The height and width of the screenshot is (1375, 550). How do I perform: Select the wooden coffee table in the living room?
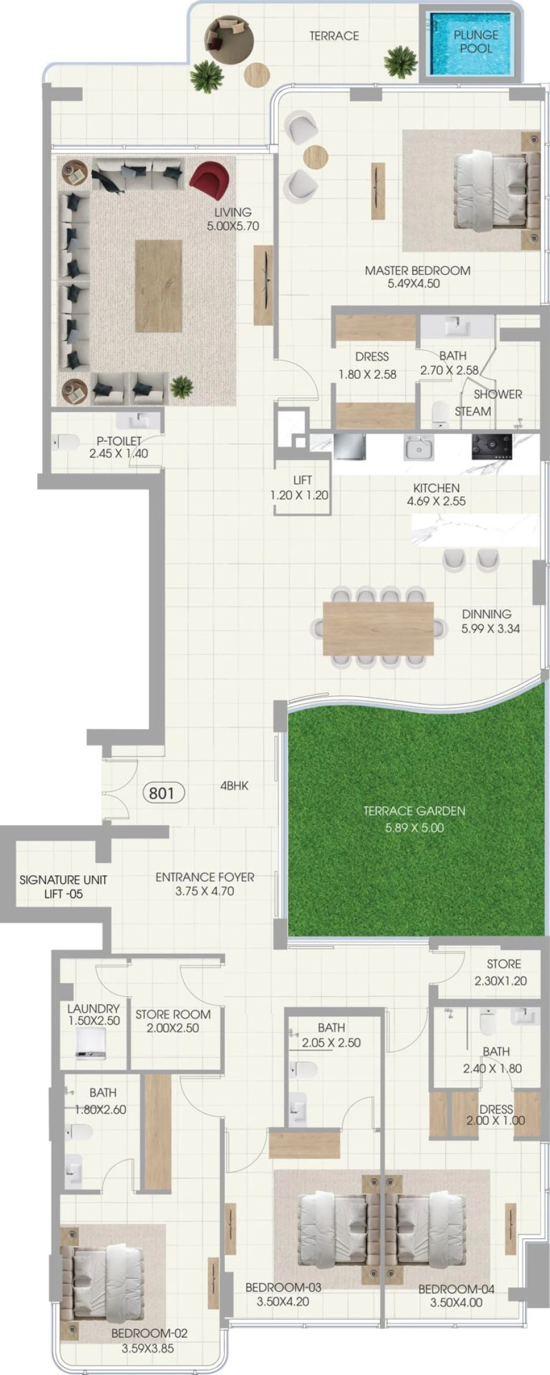[158, 285]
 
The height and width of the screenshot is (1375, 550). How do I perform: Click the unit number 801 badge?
[162, 793]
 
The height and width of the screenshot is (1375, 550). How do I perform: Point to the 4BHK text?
[234, 786]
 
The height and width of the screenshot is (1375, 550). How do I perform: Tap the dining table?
[378, 628]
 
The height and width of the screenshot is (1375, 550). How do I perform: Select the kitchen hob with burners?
[491, 446]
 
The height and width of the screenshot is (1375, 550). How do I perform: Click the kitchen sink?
[419, 447]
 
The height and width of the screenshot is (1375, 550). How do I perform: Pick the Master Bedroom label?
[417, 276]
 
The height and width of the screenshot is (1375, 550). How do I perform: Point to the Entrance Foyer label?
[205, 884]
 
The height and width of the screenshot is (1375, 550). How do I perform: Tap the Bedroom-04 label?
[456, 1295]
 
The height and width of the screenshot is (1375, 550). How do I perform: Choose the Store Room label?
[173, 1021]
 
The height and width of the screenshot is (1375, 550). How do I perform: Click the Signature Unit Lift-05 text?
[63, 887]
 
